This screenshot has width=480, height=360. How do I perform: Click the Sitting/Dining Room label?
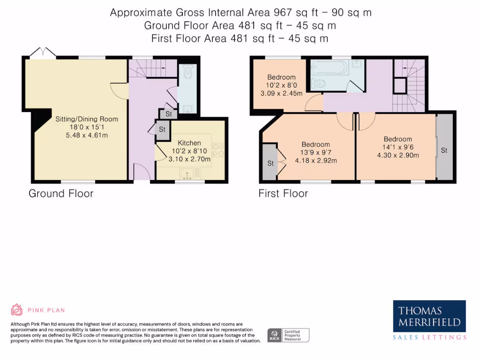(87, 119)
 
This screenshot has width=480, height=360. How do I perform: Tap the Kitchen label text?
(189, 143)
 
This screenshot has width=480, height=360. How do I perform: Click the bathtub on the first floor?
(330, 67)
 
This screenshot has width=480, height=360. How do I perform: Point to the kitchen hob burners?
(218, 150)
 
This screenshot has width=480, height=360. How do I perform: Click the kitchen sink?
(187, 174)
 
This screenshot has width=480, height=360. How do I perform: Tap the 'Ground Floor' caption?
(61, 194)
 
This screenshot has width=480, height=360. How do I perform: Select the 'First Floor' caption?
(283, 194)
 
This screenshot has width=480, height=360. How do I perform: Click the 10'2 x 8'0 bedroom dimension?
(281, 85)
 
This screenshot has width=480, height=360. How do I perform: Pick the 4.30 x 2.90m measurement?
(398, 155)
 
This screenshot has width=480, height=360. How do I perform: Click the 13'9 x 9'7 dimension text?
(315, 152)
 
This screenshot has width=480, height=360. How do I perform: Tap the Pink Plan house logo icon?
(16, 310)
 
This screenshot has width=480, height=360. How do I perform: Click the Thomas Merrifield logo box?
(429, 316)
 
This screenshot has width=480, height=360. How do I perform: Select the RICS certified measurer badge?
(288, 335)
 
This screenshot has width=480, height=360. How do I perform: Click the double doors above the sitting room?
(43, 52)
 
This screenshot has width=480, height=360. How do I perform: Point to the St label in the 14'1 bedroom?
(444, 150)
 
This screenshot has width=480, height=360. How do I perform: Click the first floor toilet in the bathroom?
(318, 83)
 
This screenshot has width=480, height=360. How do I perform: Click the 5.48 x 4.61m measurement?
(87, 135)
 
